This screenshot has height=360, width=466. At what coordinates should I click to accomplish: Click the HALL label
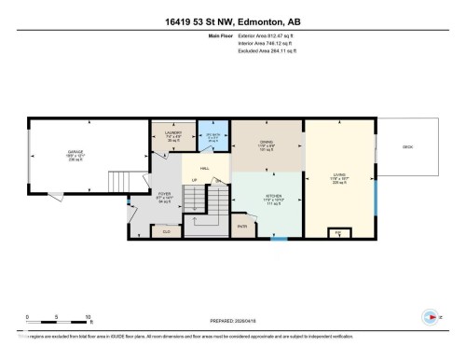(202, 169)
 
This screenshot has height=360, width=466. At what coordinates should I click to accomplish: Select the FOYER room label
(164, 200)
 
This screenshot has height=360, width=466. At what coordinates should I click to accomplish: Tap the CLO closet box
(166, 230)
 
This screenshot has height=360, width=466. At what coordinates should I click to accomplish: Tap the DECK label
(407, 147)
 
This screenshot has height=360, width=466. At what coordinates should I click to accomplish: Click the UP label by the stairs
(194, 180)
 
